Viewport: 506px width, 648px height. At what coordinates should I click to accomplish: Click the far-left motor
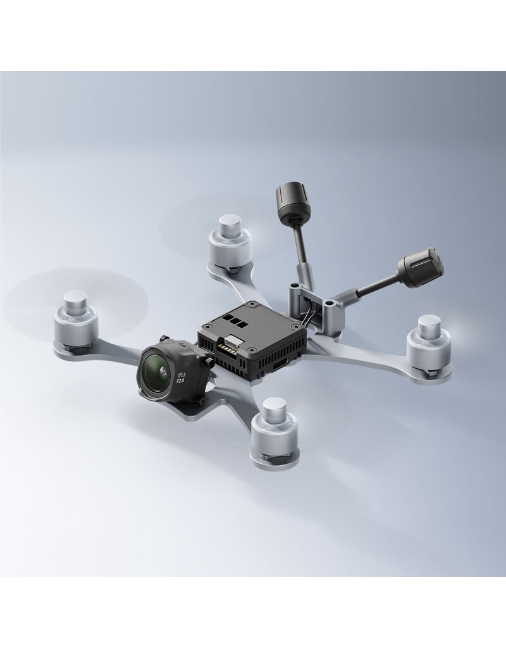tap(76, 320)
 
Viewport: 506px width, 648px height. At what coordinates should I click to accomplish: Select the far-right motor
tap(428, 345)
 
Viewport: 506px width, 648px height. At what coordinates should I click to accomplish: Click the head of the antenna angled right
tap(419, 267)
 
